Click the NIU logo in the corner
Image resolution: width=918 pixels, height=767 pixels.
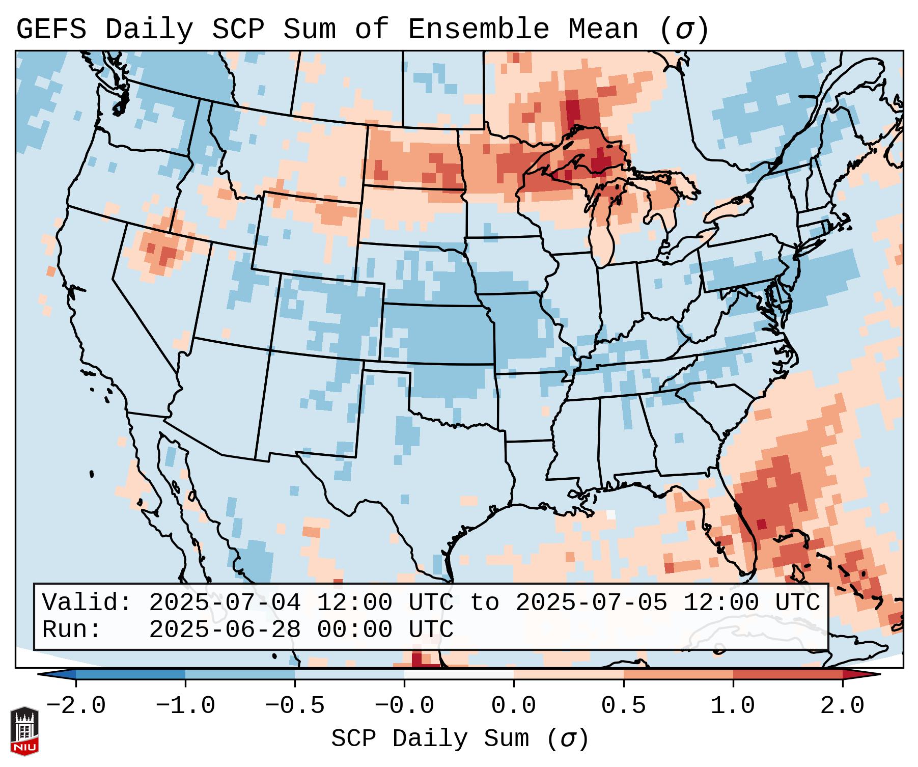24,730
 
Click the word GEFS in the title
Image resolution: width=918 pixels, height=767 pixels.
51,30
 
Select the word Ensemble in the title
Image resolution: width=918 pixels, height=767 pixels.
479,30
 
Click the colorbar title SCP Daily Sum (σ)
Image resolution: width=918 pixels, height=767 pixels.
460,739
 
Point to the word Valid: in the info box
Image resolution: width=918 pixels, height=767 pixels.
87,603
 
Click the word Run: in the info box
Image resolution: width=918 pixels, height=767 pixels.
72,630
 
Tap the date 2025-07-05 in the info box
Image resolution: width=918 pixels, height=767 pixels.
591,603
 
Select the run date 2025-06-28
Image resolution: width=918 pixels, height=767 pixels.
225,630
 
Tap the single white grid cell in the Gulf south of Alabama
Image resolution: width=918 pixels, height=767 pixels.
610,514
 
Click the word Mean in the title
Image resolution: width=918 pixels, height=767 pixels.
603,30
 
